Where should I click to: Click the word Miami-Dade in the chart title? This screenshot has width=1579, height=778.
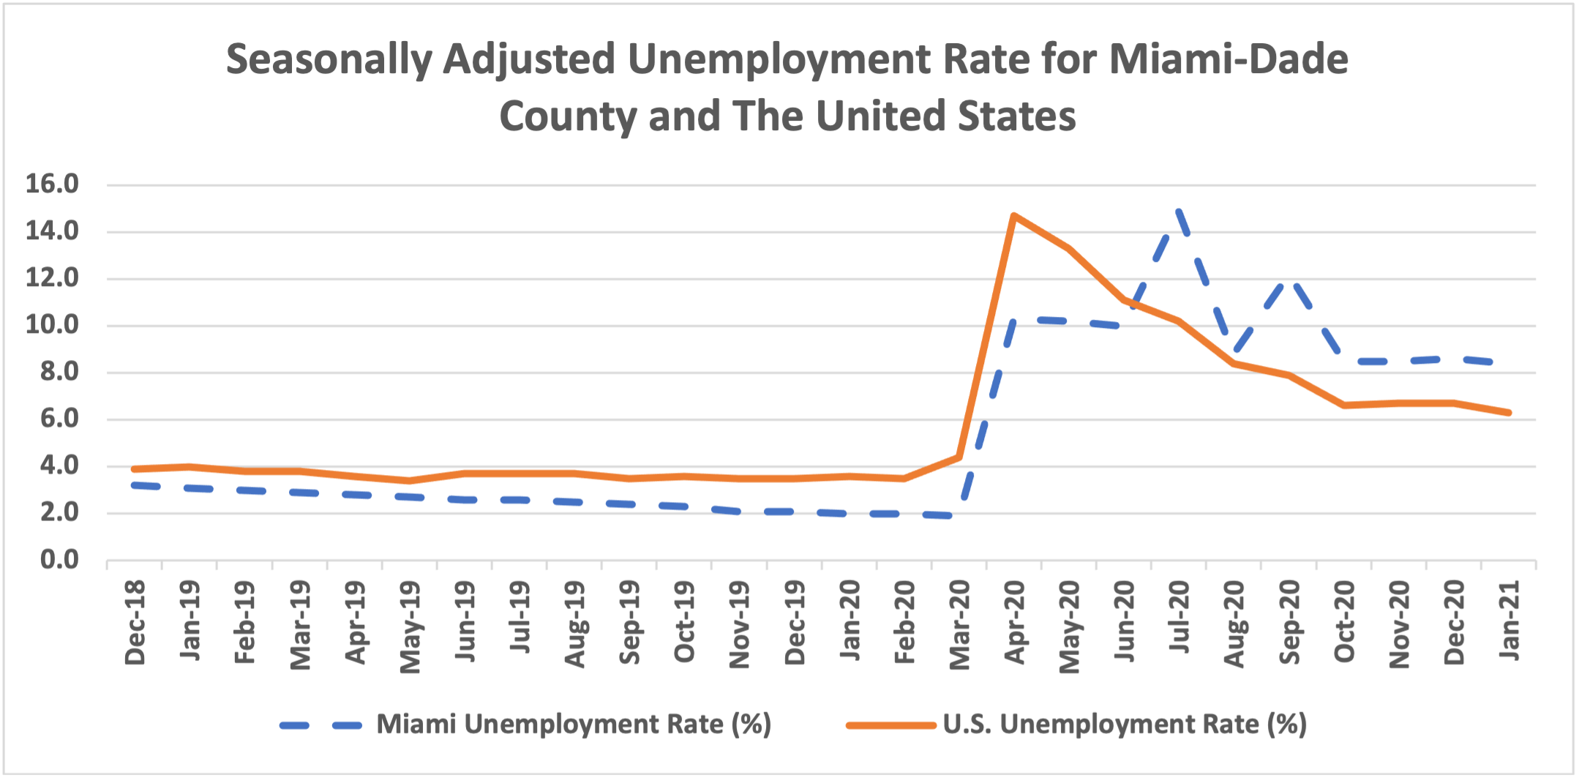[1229, 59]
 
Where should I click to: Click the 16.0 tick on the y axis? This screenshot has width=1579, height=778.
[52, 184]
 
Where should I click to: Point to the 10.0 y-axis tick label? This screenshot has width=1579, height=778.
[52, 324]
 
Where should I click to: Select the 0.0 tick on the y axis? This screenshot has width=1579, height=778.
[59, 560]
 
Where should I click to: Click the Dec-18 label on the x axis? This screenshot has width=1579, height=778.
[135, 622]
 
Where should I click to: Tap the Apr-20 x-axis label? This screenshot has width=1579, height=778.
[1015, 622]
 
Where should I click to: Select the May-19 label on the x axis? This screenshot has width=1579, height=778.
[410, 626]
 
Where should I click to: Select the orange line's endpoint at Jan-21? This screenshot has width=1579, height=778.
[1509, 413]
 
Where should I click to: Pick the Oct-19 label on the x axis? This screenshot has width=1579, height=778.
[685, 622]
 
